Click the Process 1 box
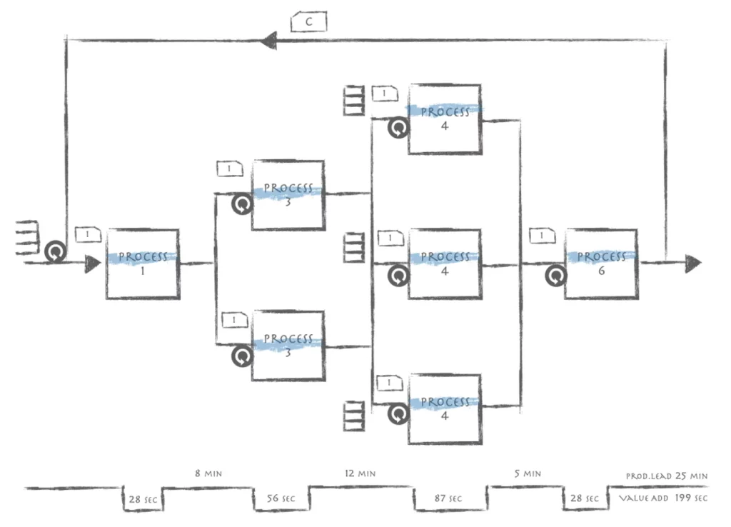pos(143,264)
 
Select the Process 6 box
pos(601,264)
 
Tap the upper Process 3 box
pos(288,196)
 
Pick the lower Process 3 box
pos(288,346)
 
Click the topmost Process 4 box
pos(445,119)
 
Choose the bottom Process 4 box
pos(445,409)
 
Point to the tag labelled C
pos(308,22)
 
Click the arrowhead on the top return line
pos(268,41)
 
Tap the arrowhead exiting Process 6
pos(693,264)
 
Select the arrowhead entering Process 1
pos(93,264)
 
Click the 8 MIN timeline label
pos(208,473)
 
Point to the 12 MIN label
pos(360,473)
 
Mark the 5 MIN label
pos(528,473)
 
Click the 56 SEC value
pos(281,498)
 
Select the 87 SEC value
pos(448,498)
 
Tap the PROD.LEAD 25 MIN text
pos(667,476)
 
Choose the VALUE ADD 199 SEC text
pos(663,498)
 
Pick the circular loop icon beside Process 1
pos(56,252)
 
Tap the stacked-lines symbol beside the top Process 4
pos(354,100)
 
